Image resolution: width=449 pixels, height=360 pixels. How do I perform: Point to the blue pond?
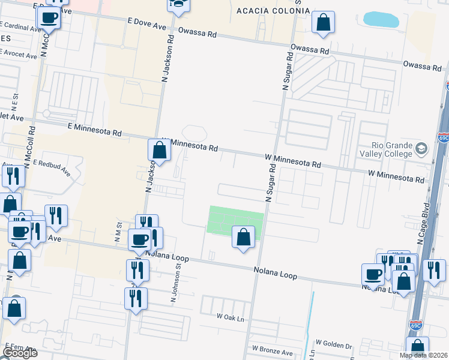[381, 19]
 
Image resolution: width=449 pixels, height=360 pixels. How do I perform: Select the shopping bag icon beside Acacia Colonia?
[323, 23]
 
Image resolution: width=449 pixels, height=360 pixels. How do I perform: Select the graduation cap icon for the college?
[422, 148]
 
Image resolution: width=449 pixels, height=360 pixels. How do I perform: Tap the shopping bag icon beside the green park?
[243, 237]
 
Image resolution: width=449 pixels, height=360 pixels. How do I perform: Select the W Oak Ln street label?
[231, 316]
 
